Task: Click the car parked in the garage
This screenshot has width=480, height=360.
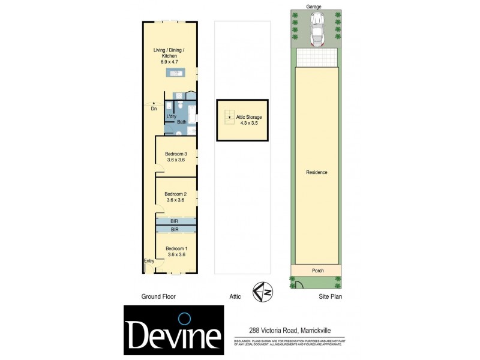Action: click(316, 29)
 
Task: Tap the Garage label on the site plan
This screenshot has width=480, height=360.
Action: click(314, 7)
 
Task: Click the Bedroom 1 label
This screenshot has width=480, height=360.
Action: click(176, 249)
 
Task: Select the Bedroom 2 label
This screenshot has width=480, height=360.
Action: click(176, 194)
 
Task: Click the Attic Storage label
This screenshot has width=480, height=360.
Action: click(248, 117)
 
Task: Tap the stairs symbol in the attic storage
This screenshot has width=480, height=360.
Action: click(228, 117)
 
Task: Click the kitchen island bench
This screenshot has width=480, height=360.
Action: click(176, 73)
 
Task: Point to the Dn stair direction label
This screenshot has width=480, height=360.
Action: click(154, 109)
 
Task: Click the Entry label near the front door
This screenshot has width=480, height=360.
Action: click(149, 261)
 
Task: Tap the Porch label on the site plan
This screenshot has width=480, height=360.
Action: click(317, 271)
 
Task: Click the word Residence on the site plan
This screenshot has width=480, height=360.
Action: click(317, 172)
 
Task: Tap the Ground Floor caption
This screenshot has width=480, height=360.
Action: click(158, 296)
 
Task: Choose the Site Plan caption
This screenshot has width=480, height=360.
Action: click(330, 296)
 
